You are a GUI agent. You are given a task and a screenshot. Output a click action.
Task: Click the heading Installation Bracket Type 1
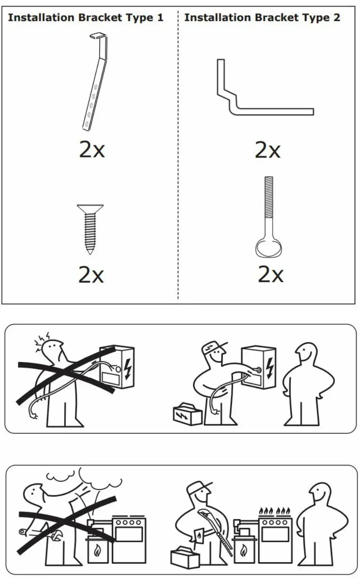pos(85,18)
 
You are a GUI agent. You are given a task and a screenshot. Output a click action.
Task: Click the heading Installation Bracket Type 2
pos(262,18)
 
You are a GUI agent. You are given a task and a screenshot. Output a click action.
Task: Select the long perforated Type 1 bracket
pos(95,82)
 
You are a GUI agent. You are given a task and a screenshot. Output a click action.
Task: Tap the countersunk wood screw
pos(90,228)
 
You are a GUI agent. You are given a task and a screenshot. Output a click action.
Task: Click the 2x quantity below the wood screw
pos(91,275)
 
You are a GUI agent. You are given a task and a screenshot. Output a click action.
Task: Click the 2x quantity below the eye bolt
pos(270,274)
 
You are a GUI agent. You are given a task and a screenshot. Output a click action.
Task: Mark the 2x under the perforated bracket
pos(92,150)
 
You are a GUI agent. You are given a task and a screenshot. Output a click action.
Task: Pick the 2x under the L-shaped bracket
pos(268,150)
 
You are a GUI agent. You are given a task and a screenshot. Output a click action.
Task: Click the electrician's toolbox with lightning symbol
pos(187,413)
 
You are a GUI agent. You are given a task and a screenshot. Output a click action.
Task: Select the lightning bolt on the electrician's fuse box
pos(270,366)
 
